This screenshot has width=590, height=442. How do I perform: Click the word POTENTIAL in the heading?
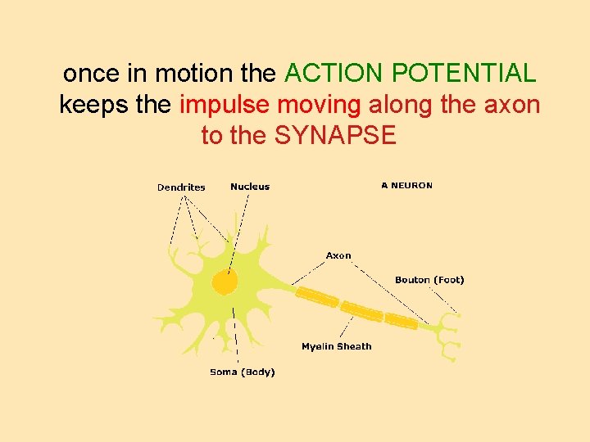click(464, 74)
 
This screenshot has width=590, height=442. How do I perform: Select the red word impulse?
click(225, 105)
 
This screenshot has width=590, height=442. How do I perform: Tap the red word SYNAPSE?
click(335, 135)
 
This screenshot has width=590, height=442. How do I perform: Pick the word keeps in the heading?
click(89, 105)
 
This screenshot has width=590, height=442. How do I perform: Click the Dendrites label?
click(181, 187)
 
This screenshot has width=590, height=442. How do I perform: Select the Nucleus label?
click(250, 187)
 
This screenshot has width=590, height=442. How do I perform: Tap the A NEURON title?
click(406, 185)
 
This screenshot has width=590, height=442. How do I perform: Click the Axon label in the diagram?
click(338, 255)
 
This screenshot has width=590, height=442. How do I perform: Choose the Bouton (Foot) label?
click(429, 280)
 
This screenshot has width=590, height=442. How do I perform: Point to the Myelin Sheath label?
click(336, 346)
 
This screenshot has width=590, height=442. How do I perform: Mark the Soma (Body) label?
click(243, 372)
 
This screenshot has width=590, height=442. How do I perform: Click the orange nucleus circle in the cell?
click(225, 282)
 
